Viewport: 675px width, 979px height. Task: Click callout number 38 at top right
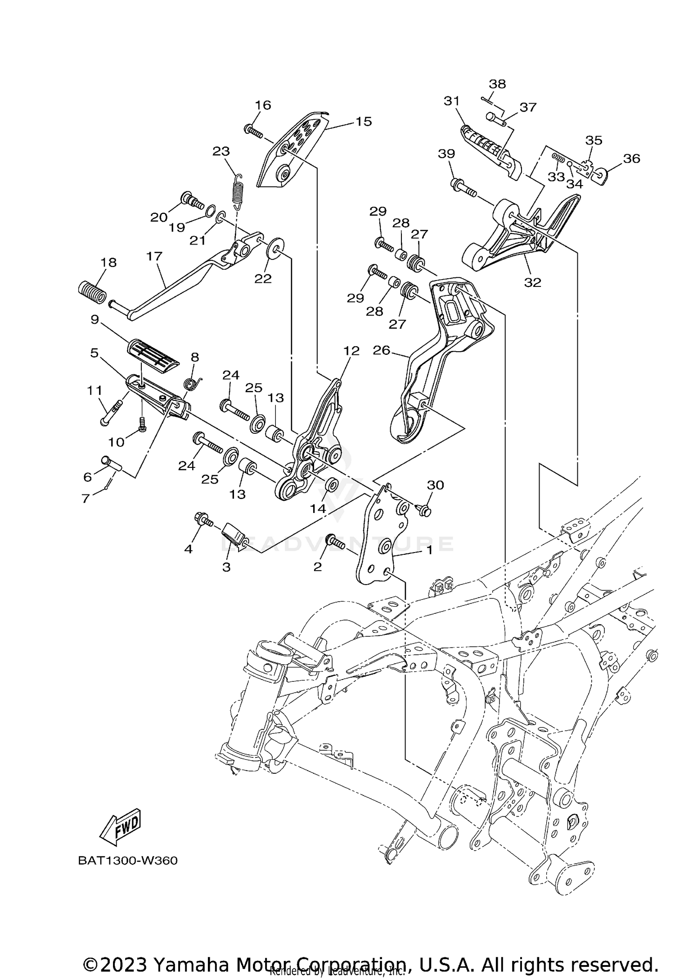(497, 84)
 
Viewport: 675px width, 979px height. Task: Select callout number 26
(381, 350)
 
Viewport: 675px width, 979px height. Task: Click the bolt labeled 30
(423, 510)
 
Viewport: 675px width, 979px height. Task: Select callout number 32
(533, 282)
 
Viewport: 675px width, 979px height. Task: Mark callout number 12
(351, 351)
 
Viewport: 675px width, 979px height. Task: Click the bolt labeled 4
(203, 520)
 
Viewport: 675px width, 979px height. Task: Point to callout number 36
(631, 159)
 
